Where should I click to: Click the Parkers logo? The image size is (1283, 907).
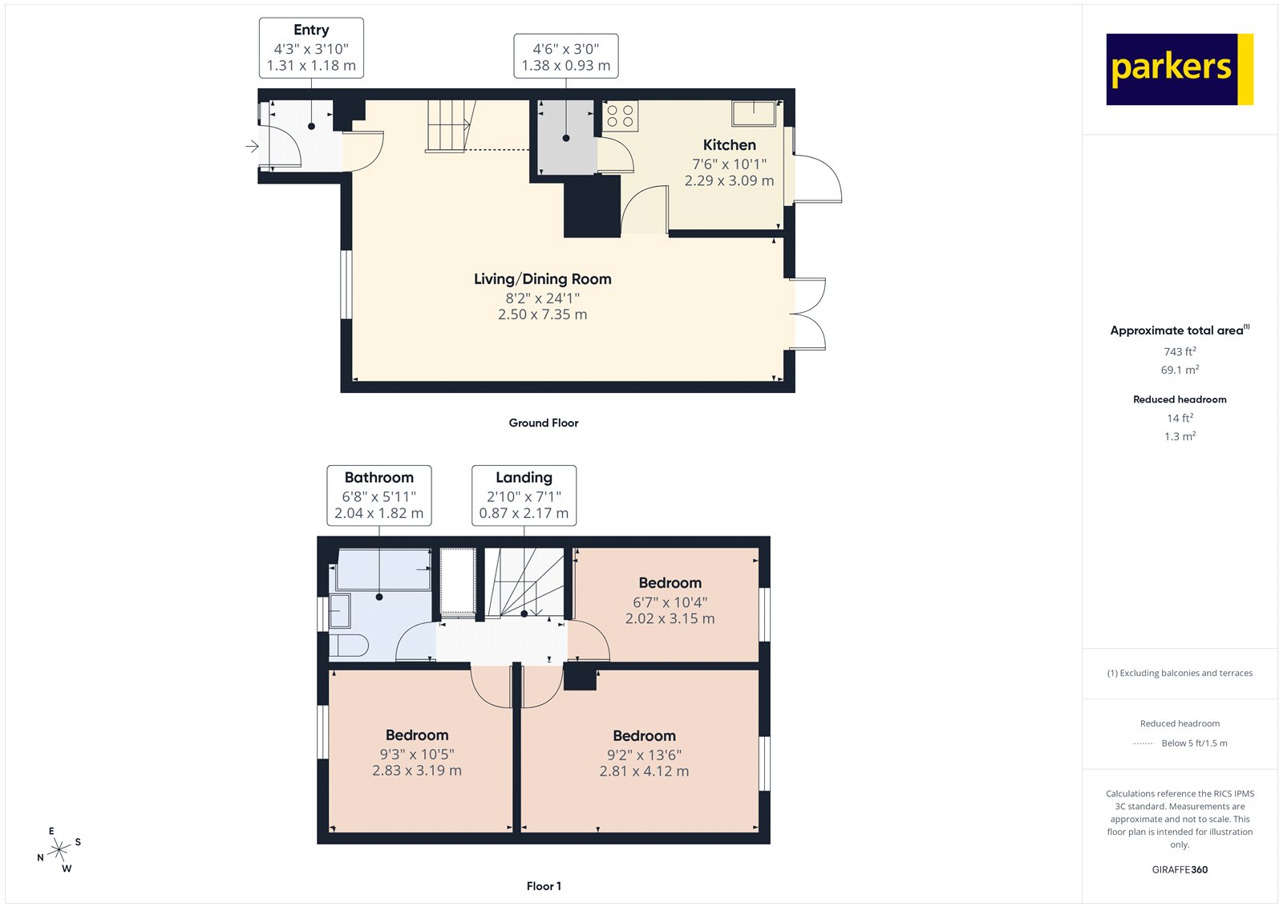click(x=1179, y=69)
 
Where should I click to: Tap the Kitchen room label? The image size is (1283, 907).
click(x=729, y=145)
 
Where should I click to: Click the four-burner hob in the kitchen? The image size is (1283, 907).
click(x=621, y=115)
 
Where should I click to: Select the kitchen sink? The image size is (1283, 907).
click(x=754, y=113)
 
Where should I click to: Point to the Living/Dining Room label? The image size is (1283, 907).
click(x=542, y=279)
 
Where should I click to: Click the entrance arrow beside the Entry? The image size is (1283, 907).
click(x=252, y=146)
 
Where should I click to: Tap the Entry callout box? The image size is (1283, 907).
click(x=311, y=48)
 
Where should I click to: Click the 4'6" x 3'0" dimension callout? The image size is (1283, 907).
click(x=565, y=56)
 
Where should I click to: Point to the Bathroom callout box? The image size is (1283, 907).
click(x=378, y=496)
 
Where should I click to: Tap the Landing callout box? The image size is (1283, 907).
click(x=524, y=496)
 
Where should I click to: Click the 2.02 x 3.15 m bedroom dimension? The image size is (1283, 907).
click(x=670, y=618)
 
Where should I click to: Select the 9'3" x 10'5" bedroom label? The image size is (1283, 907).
click(x=417, y=753)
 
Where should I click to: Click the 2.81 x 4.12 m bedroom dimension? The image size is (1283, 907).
click(x=644, y=771)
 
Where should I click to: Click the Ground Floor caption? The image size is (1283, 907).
click(x=543, y=423)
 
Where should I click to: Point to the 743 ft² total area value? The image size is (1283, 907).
click(x=1180, y=351)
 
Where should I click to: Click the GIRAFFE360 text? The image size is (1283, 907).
click(x=1180, y=869)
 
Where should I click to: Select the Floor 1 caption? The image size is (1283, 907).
click(x=544, y=886)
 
